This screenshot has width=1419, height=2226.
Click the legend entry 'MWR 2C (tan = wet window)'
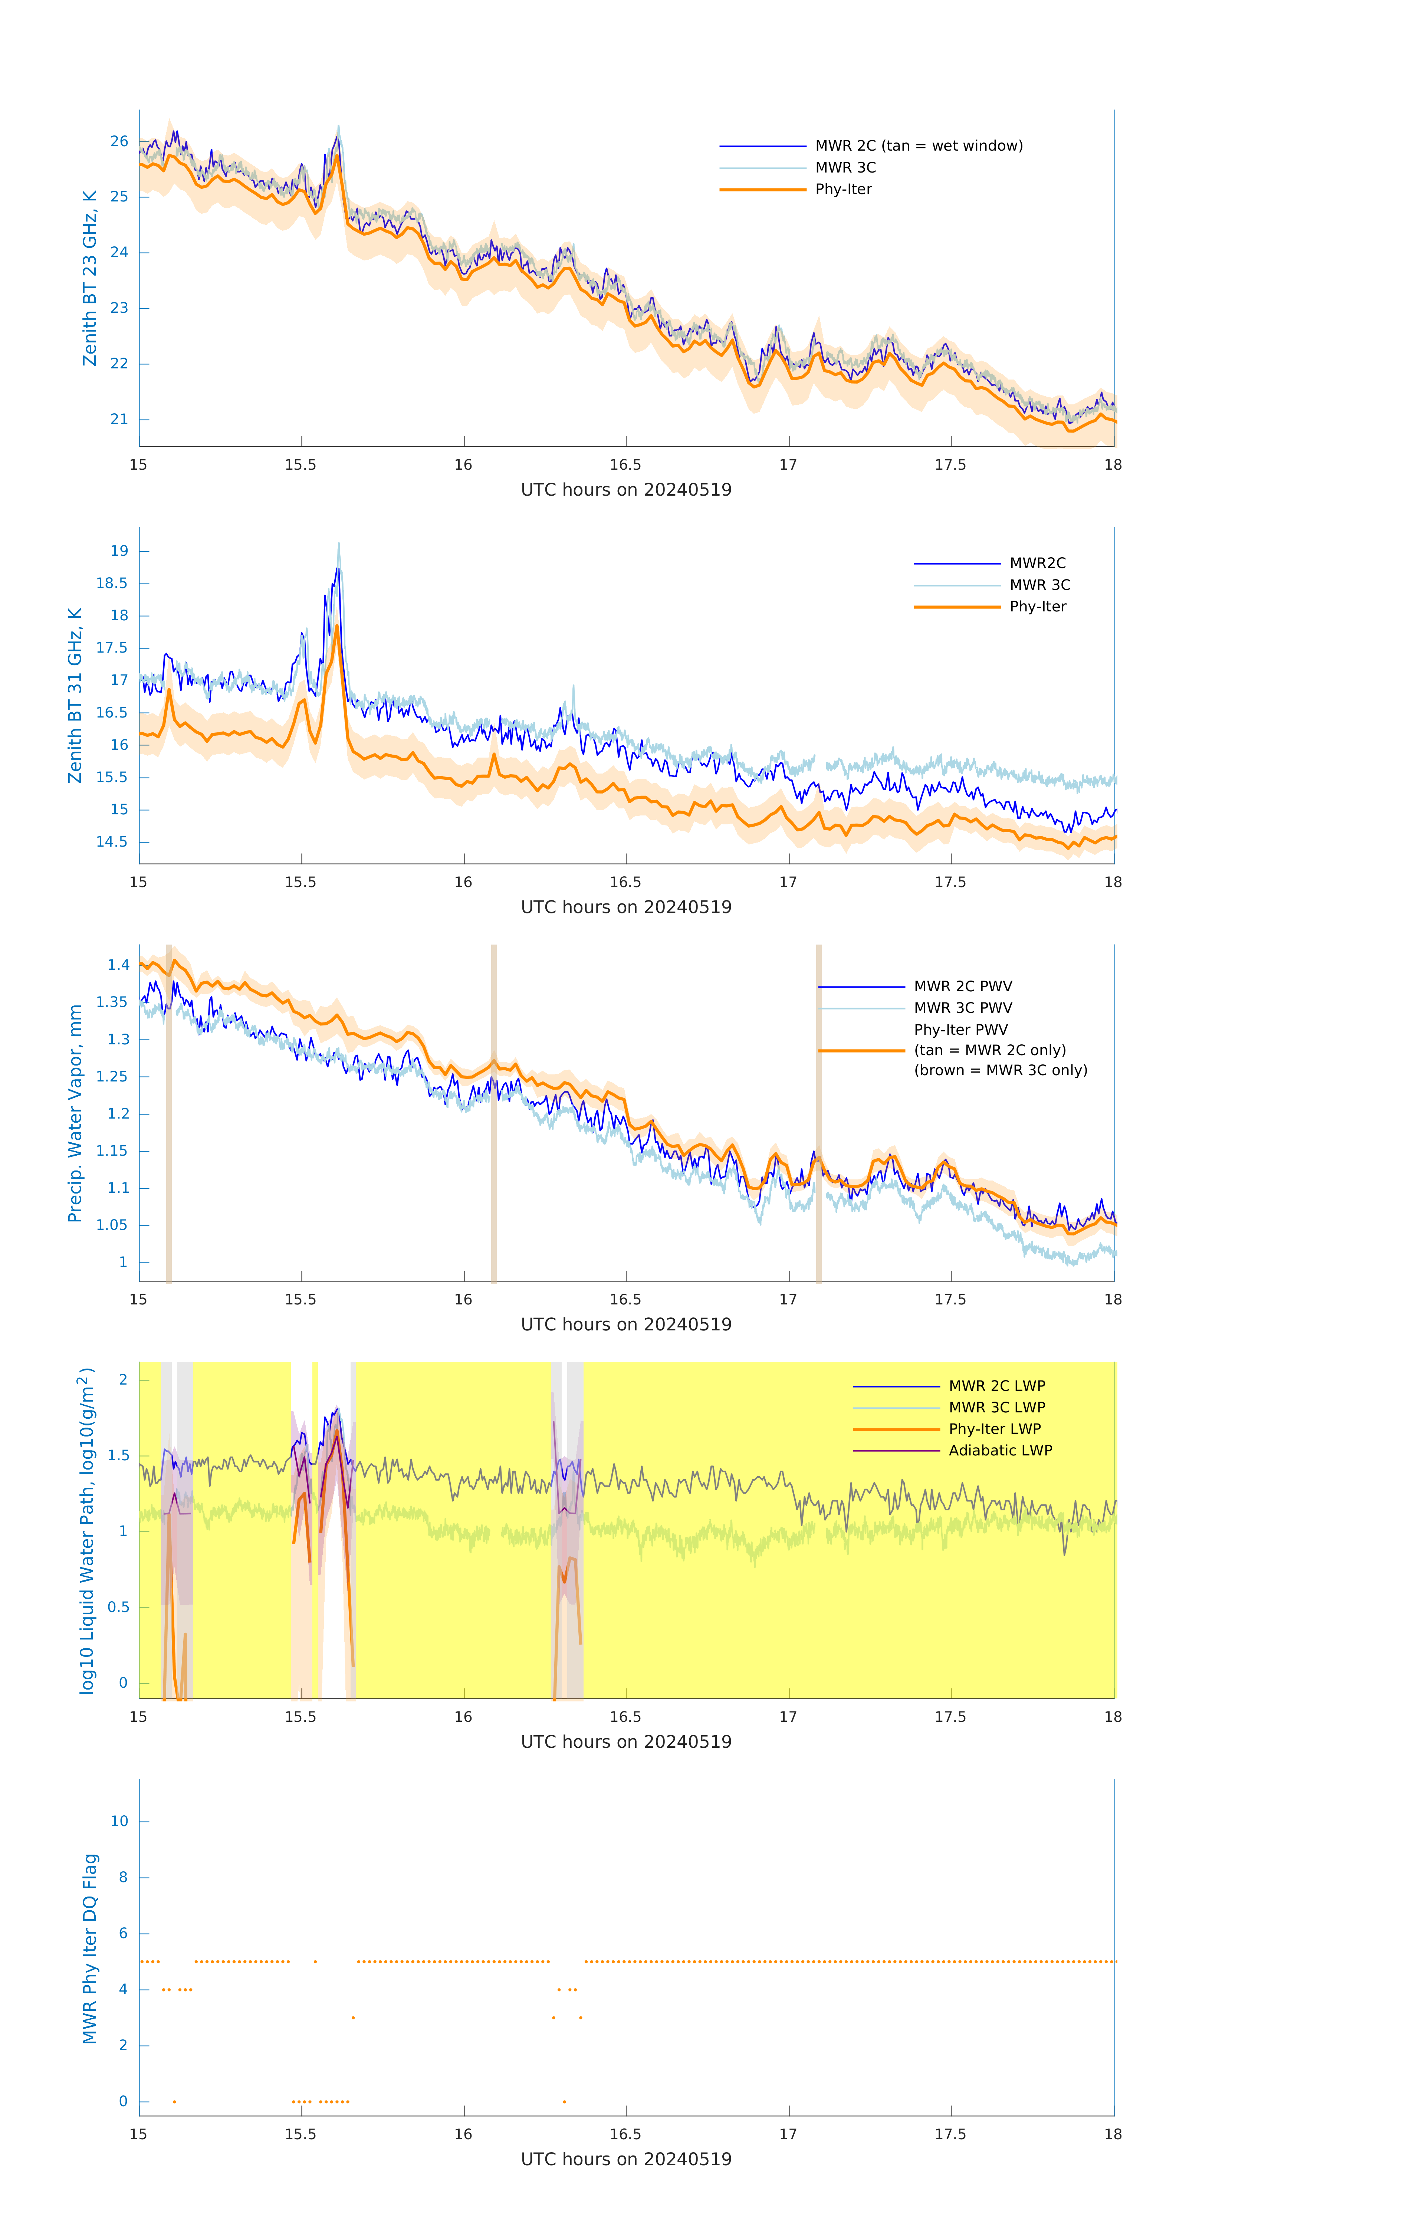point(918,146)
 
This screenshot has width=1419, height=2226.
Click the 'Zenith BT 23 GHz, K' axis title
point(90,278)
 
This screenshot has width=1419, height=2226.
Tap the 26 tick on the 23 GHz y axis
point(119,141)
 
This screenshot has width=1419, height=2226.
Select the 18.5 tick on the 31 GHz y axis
point(112,583)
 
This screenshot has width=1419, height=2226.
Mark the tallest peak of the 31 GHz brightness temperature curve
point(338,545)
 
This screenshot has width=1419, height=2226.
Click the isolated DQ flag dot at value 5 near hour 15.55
point(315,1961)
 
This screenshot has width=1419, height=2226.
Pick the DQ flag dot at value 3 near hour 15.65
point(353,2018)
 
